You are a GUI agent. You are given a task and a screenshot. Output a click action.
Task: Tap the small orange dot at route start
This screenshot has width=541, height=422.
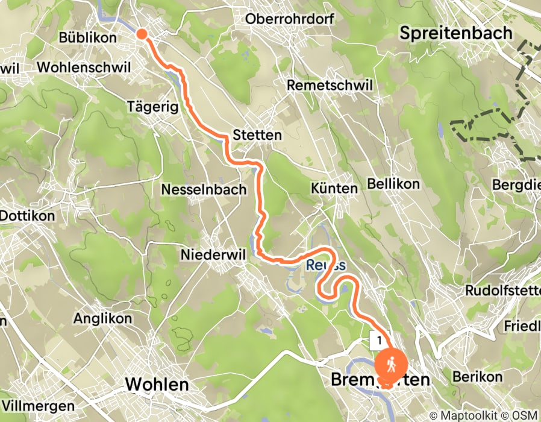pos(142,34)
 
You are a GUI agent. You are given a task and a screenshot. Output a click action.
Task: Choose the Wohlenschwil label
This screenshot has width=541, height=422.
pos(83,68)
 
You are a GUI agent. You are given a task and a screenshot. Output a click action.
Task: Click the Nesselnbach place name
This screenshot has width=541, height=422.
pos(204,190)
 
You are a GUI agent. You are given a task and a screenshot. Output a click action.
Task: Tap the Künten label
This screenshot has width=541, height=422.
pos(334,189)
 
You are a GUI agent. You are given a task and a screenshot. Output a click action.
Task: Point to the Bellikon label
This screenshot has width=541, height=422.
pos(393,184)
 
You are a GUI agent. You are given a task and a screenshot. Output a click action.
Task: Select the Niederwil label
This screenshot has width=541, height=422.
pos(213,255)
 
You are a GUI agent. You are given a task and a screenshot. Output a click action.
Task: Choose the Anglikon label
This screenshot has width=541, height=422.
pos(98,318)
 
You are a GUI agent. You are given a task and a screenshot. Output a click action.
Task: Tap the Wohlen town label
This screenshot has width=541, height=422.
pos(156,383)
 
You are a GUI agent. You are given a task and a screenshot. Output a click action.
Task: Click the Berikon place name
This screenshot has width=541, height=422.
pos(477,376)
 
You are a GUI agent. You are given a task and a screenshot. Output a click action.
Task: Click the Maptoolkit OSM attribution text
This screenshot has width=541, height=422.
pos(484,415)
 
